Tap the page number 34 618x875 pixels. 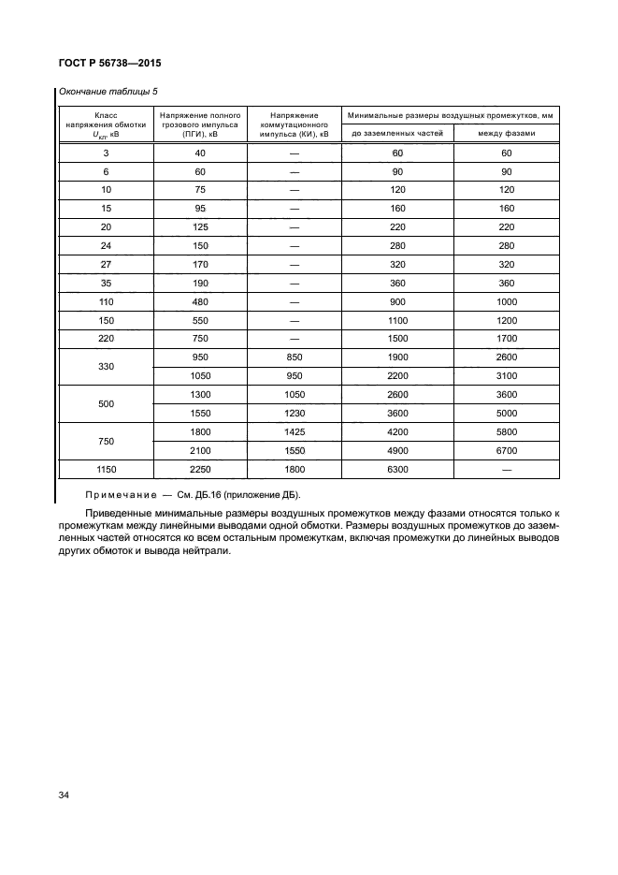coord(64,795)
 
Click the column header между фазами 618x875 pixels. coord(507,134)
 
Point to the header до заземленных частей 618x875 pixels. coord(397,134)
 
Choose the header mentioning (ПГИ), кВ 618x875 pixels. coord(200,124)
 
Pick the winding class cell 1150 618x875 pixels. coord(106,470)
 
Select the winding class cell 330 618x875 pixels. coord(106,365)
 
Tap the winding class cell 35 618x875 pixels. coord(106,282)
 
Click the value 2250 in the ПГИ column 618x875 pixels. coord(200,470)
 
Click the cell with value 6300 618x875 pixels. coord(397,470)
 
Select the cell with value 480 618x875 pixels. coord(200,302)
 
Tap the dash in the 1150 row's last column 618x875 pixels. coord(507,470)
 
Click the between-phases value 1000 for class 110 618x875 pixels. coord(507,302)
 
